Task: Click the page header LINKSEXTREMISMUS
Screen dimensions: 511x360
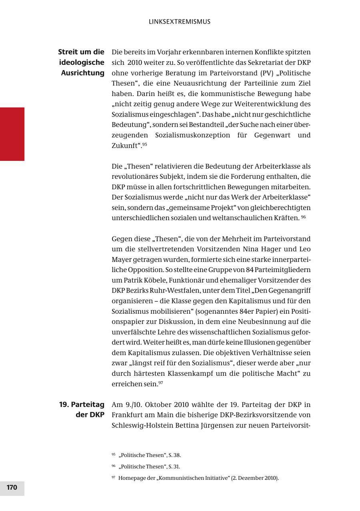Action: pos(179,22)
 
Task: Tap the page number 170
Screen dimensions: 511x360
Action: pos(12,487)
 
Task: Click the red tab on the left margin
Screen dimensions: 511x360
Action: pos(12,134)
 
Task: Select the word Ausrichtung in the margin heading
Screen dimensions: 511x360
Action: pos(82,73)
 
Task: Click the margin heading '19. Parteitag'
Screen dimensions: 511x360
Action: pos(82,405)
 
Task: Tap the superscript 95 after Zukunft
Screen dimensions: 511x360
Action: pos(145,144)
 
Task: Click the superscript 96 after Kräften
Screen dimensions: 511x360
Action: pos(304,217)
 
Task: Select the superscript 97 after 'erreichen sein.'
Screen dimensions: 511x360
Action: pos(161,383)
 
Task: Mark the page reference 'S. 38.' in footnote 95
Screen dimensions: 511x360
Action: pos(178,455)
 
